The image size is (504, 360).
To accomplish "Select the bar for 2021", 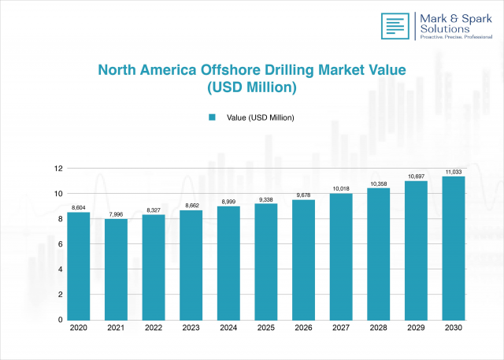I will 116,269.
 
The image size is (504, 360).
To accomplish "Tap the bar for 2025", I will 265,262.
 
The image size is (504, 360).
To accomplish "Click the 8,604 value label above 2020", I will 78,207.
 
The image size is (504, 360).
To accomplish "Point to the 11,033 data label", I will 453,171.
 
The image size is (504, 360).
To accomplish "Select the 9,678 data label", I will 303,195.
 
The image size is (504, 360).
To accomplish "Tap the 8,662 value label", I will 191,205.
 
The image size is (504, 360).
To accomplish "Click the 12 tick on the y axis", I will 57,169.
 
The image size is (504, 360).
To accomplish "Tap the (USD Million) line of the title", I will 251,88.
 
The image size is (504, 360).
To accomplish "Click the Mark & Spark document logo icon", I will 395,26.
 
